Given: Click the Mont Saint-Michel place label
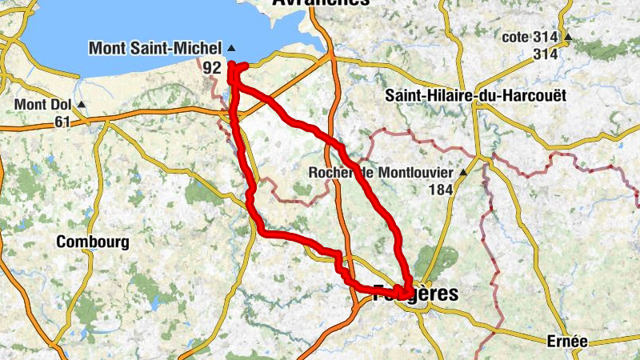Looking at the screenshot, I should pos(154,48).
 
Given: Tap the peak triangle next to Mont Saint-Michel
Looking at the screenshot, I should pos(231,48).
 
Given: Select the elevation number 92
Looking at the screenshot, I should pos(211,68).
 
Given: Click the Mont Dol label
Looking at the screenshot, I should pos(43,105).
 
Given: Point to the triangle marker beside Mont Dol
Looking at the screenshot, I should pos(80,105).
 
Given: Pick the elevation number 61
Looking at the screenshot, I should pos(63,122).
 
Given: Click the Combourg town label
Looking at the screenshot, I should pos(93,242).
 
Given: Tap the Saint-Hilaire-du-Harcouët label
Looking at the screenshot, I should pos(475,95).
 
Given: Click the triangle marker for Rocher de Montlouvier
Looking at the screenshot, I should pos(462,173).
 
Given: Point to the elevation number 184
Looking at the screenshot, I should pos(441,190).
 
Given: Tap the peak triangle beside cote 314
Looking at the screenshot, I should pos(567,38).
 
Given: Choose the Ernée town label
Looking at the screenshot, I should pos(567,342).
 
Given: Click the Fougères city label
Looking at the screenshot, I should pos(416,294).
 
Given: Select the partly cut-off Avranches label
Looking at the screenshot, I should pos(320,3).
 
